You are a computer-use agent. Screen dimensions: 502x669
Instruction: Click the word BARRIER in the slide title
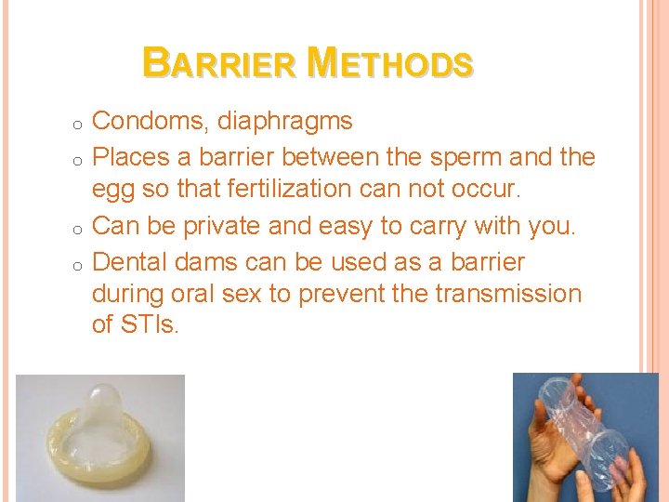[x=221, y=63]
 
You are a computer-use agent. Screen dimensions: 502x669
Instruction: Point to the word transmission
[x=503, y=295]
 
